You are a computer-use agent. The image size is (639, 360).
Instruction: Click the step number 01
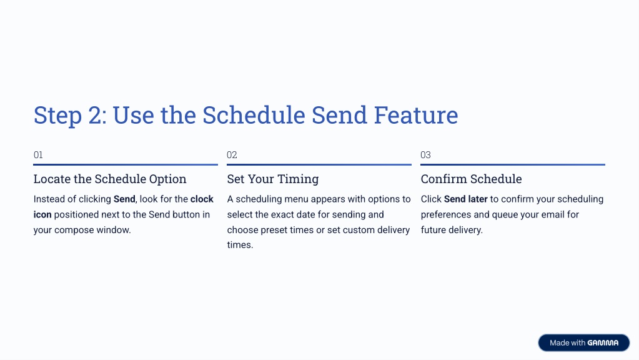tap(38, 155)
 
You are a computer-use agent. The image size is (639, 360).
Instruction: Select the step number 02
tap(232, 155)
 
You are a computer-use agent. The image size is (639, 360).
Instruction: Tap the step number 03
tap(425, 155)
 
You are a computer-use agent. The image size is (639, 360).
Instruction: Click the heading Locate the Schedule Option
tap(110, 179)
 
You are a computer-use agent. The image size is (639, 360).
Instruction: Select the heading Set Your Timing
tap(273, 179)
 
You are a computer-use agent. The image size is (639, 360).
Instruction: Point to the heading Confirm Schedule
tap(471, 179)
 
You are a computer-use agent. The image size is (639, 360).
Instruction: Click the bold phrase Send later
tap(466, 199)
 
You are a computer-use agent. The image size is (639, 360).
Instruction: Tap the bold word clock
tap(202, 199)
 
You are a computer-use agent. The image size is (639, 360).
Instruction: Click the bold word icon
tap(42, 214)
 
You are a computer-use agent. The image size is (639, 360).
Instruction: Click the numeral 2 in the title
tap(95, 115)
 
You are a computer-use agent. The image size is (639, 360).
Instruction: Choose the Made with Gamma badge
tap(584, 343)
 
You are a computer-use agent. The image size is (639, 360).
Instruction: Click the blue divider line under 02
tap(319, 165)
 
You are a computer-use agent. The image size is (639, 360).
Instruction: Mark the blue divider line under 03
tap(513, 165)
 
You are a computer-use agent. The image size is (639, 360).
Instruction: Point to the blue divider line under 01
tap(126, 165)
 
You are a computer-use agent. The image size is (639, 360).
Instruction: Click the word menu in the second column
tap(296, 199)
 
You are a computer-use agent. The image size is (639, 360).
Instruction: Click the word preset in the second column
tap(274, 231)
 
